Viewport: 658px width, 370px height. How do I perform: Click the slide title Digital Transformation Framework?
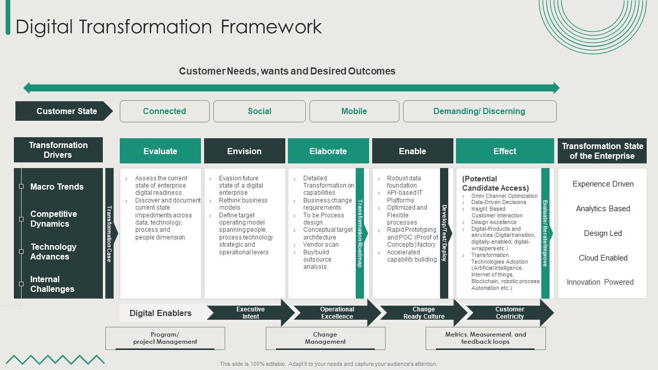click(x=169, y=27)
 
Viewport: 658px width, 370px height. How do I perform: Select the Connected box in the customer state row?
click(x=164, y=111)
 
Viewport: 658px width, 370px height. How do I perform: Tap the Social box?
click(x=260, y=111)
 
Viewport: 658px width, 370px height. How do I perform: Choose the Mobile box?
click(x=354, y=111)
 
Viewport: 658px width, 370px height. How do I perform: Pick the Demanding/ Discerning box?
click(x=479, y=111)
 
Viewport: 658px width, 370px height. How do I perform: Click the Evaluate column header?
click(x=160, y=151)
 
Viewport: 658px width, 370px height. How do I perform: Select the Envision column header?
click(x=244, y=151)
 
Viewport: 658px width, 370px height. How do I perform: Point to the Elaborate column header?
click(x=328, y=151)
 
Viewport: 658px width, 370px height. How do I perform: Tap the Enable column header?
click(x=412, y=151)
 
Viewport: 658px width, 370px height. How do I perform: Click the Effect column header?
click(x=505, y=151)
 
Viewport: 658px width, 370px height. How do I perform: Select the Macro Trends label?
click(x=57, y=187)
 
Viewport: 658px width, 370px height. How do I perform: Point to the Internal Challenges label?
click(x=52, y=284)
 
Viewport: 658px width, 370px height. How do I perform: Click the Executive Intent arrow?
click(x=250, y=313)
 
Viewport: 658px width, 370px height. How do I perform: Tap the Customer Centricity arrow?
click(x=509, y=313)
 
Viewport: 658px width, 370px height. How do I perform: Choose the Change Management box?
click(x=325, y=338)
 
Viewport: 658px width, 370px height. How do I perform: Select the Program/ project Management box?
click(x=165, y=338)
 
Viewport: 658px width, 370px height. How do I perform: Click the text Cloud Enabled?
click(x=603, y=258)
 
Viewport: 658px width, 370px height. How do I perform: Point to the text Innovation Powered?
click(x=600, y=282)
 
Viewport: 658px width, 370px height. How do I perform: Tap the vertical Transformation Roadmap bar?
click(x=360, y=233)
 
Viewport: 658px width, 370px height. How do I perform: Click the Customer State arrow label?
click(x=64, y=111)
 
